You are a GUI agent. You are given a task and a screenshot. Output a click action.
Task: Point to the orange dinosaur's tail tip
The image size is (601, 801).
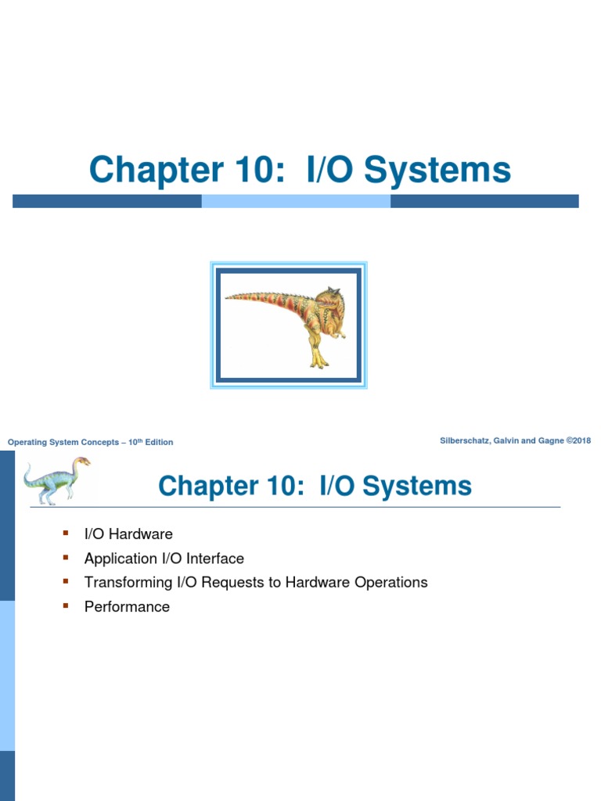click(x=229, y=296)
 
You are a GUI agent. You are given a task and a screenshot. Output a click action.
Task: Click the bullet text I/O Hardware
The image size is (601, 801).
click(x=128, y=534)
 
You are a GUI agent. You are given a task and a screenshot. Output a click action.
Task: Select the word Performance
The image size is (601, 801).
click(x=127, y=607)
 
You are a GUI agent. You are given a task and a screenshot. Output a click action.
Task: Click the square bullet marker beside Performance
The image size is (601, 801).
click(x=66, y=606)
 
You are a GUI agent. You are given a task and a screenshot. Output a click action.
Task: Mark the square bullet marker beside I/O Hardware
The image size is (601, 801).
click(x=66, y=533)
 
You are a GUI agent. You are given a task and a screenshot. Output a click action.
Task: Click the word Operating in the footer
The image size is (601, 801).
click(x=27, y=443)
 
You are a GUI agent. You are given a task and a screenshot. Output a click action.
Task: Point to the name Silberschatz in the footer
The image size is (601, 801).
click(x=466, y=441)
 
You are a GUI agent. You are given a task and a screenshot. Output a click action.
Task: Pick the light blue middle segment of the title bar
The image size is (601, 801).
click(x=296, y=201)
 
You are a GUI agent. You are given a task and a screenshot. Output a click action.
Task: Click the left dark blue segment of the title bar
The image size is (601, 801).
click(x=107, y=201)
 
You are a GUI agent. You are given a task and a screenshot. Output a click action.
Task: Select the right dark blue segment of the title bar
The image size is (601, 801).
click(x=484, y=201)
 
